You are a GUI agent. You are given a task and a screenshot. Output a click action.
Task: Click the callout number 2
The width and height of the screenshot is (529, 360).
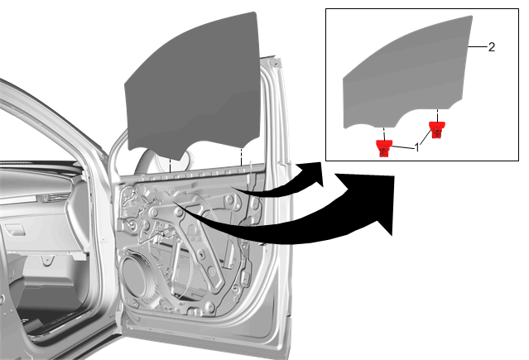pos(492,47)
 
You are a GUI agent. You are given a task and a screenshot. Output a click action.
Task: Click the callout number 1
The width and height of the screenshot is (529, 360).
pos(417,147)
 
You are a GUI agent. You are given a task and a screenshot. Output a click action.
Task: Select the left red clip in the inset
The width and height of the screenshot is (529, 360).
pos(384,148)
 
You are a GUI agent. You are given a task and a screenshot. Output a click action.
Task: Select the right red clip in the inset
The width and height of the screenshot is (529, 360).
pos(436,130)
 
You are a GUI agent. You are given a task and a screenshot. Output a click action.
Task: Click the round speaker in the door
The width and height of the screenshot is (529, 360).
pos(137,273)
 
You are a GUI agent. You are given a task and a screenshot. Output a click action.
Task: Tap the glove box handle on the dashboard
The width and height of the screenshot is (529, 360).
pos(14,232)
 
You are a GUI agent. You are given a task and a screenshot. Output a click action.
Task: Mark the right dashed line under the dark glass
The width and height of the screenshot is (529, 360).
pos(241,156)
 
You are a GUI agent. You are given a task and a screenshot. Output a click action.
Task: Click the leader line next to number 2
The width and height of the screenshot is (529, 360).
pos(477,46)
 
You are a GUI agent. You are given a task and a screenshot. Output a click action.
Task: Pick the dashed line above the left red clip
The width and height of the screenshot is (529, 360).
pos(384,133)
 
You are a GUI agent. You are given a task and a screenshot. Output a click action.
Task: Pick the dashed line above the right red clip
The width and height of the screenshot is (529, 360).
pos(437,115)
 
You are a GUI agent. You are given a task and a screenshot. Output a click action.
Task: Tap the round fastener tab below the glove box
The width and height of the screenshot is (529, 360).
pos(47,260)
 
